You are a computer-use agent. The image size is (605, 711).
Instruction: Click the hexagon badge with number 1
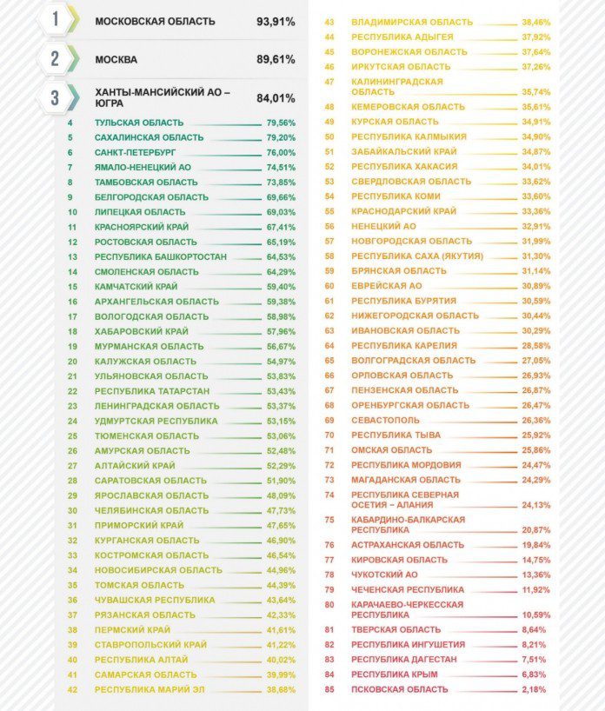point(56,20)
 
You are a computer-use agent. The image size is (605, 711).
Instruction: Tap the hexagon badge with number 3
point(56,97)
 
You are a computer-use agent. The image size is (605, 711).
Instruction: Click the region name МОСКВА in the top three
point(116,60)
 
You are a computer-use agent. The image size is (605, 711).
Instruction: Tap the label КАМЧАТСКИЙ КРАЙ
point(136,287)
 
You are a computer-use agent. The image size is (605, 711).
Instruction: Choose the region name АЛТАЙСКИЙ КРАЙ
point(135,466)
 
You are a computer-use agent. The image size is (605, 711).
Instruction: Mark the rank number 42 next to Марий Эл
point(72,689)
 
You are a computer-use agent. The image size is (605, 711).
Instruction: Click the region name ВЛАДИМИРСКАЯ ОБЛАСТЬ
point(412,21)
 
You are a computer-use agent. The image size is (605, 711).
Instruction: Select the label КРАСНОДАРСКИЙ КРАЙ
point(403,211)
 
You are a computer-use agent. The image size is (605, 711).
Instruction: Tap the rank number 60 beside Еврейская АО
point(329,286)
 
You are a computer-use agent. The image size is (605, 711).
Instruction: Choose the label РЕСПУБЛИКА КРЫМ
point(395,674)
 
